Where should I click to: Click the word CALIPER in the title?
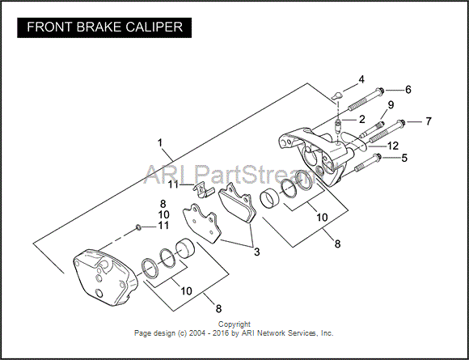point(154,28)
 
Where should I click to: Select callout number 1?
point(160,143)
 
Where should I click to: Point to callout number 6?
point(408,90)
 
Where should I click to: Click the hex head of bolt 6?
point(380,90)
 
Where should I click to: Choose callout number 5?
point(404,158)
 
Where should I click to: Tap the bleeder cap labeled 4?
point(337,95)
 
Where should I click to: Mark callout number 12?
point(393,146)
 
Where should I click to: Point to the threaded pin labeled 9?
point(372,129)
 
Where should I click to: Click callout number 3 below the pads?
point(256,252)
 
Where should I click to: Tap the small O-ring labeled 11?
point(138,228)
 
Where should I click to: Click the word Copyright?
point(234,324)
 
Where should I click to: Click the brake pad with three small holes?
point(202,223)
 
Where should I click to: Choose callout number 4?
point(361,79)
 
